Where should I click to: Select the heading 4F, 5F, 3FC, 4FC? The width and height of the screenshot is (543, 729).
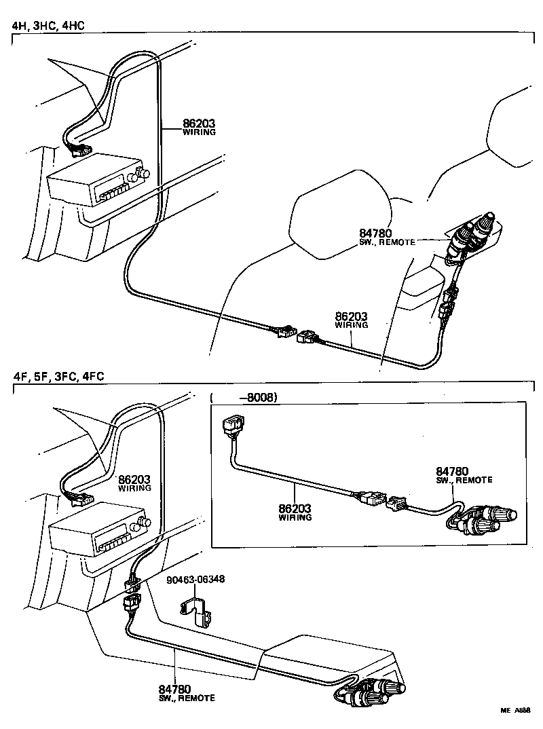[x=58, y=377]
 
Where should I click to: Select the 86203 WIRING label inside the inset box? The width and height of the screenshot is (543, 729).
[x=295, y=511]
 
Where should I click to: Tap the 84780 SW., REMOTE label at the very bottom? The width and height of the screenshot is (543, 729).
[x=187, y=693]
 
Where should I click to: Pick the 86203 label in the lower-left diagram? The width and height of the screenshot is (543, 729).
[x=134, y=483]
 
